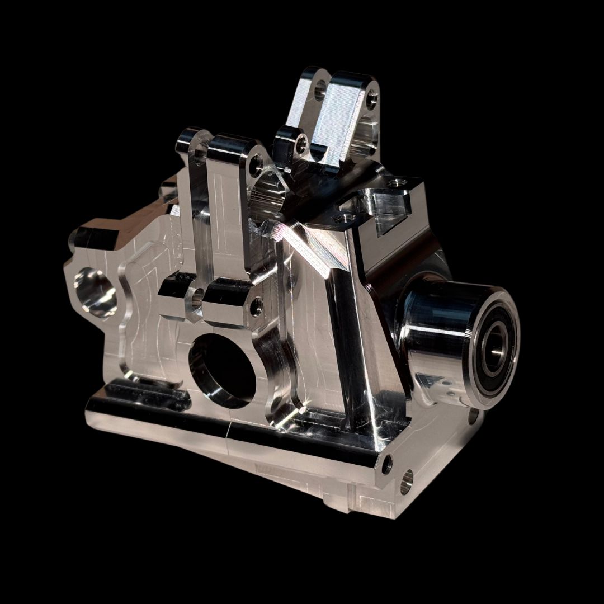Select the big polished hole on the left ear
pos(95,291)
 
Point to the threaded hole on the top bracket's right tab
pos(372,101)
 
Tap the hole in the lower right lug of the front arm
pos(256,306)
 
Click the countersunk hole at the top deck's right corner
pos(398,183)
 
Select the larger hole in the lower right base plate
pos(407,481)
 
